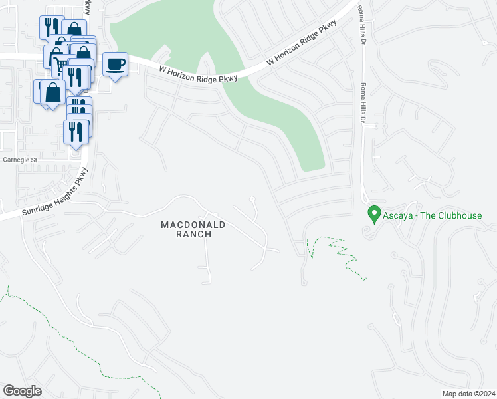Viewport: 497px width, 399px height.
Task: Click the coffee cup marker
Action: pos(116,64)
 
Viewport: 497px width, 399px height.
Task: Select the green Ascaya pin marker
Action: pos(373,215)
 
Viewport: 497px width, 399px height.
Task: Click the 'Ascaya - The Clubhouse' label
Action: pos(432,215)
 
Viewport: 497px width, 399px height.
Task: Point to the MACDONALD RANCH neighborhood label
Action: pos(193,229)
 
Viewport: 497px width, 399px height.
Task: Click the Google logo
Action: pos(22,390)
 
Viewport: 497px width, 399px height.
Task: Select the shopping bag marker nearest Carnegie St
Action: pos(52,93)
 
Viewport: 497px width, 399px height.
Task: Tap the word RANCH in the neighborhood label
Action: pos(193,234)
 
